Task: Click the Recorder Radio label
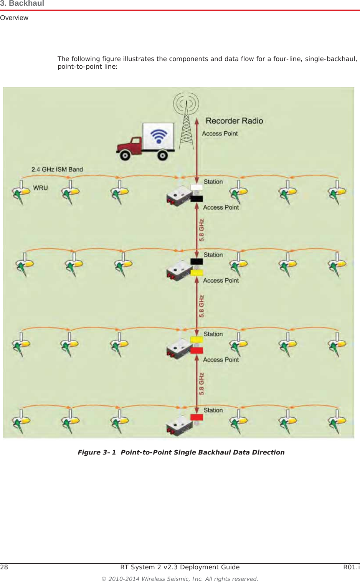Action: (234, 121)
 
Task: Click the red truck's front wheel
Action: (125, 155)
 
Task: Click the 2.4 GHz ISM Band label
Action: (57, 169)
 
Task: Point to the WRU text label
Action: (40, 188)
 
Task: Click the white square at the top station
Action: (197, 187)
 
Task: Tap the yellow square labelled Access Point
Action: (197, 273)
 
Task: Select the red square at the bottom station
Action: (197, 417)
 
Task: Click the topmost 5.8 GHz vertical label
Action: (201, 230)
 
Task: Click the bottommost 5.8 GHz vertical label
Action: (201, 384)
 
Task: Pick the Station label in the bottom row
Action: (213, 410)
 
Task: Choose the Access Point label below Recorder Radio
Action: (220, 134)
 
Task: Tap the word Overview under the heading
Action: (14, 18)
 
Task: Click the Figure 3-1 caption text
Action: (181, 452)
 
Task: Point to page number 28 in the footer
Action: (4, 567)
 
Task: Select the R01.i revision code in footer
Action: (351, 567)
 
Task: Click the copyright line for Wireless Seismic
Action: (180, 579)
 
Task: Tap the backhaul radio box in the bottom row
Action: (178, 426)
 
